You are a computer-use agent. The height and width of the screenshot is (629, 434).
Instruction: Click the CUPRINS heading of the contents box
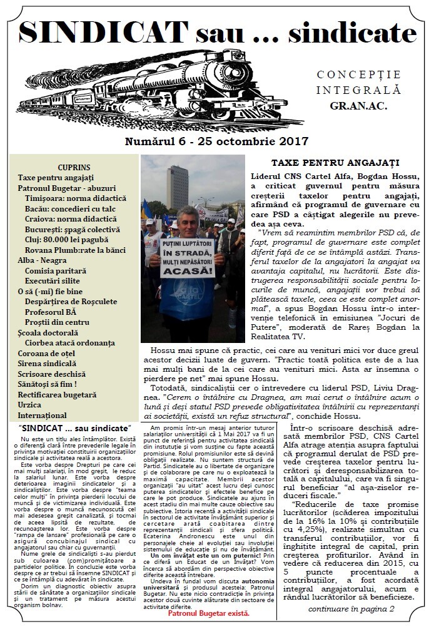tap(74, 167)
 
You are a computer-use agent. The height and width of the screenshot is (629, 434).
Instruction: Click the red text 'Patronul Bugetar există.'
tap(211, 612)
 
